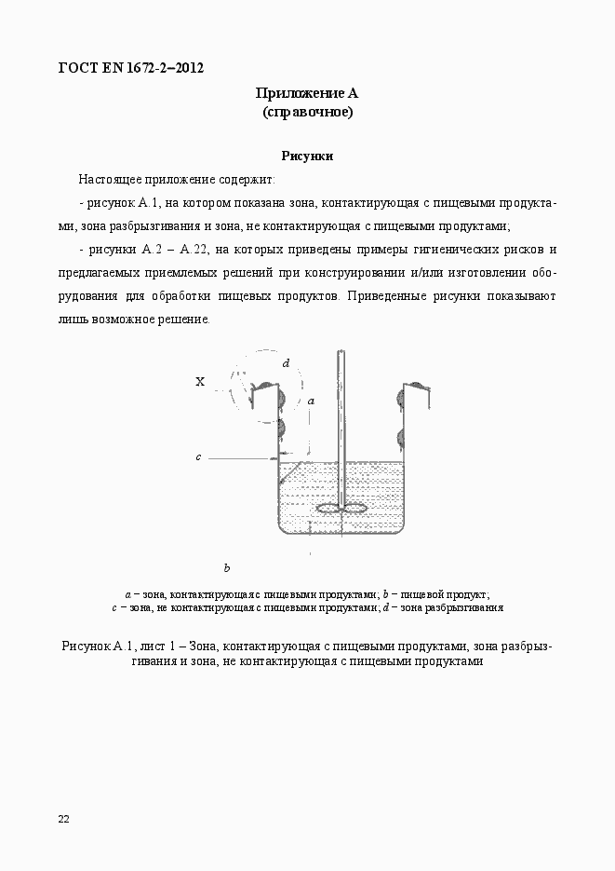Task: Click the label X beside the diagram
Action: click(x=200, y=381)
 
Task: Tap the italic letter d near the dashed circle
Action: click(x=287, y=363)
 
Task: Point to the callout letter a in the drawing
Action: click(x=311, y=400)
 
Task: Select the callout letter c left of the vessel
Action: click(x=198, y=457)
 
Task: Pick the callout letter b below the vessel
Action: click(x=226, y=567)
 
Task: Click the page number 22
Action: click(x=63, y=819)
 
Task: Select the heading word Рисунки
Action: click(x=307, y=157)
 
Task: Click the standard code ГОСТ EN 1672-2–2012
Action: click(x=131, y=68)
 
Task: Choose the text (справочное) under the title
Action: click(x=307, y=113)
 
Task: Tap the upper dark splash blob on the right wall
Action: click(x=402, y=397)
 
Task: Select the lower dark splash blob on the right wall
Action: click(x=402, y=438)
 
